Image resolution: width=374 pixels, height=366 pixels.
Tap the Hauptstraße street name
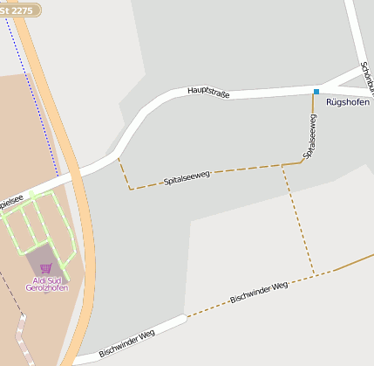coord(208,92)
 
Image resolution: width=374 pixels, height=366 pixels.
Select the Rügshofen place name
coord(349,102)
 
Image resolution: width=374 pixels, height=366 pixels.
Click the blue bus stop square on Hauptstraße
coord(316,91)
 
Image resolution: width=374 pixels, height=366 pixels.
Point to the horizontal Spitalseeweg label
coord(187,180)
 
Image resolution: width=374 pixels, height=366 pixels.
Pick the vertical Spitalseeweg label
coord(309,137)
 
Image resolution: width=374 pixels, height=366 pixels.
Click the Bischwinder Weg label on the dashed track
coord(258,293)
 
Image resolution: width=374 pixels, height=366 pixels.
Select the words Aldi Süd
coord(47,280)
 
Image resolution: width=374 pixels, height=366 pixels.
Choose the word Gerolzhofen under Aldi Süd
coord(47,287)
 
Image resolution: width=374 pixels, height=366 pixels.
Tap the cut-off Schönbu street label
coord(369,79)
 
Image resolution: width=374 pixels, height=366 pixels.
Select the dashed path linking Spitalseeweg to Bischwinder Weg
coord(298,223)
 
